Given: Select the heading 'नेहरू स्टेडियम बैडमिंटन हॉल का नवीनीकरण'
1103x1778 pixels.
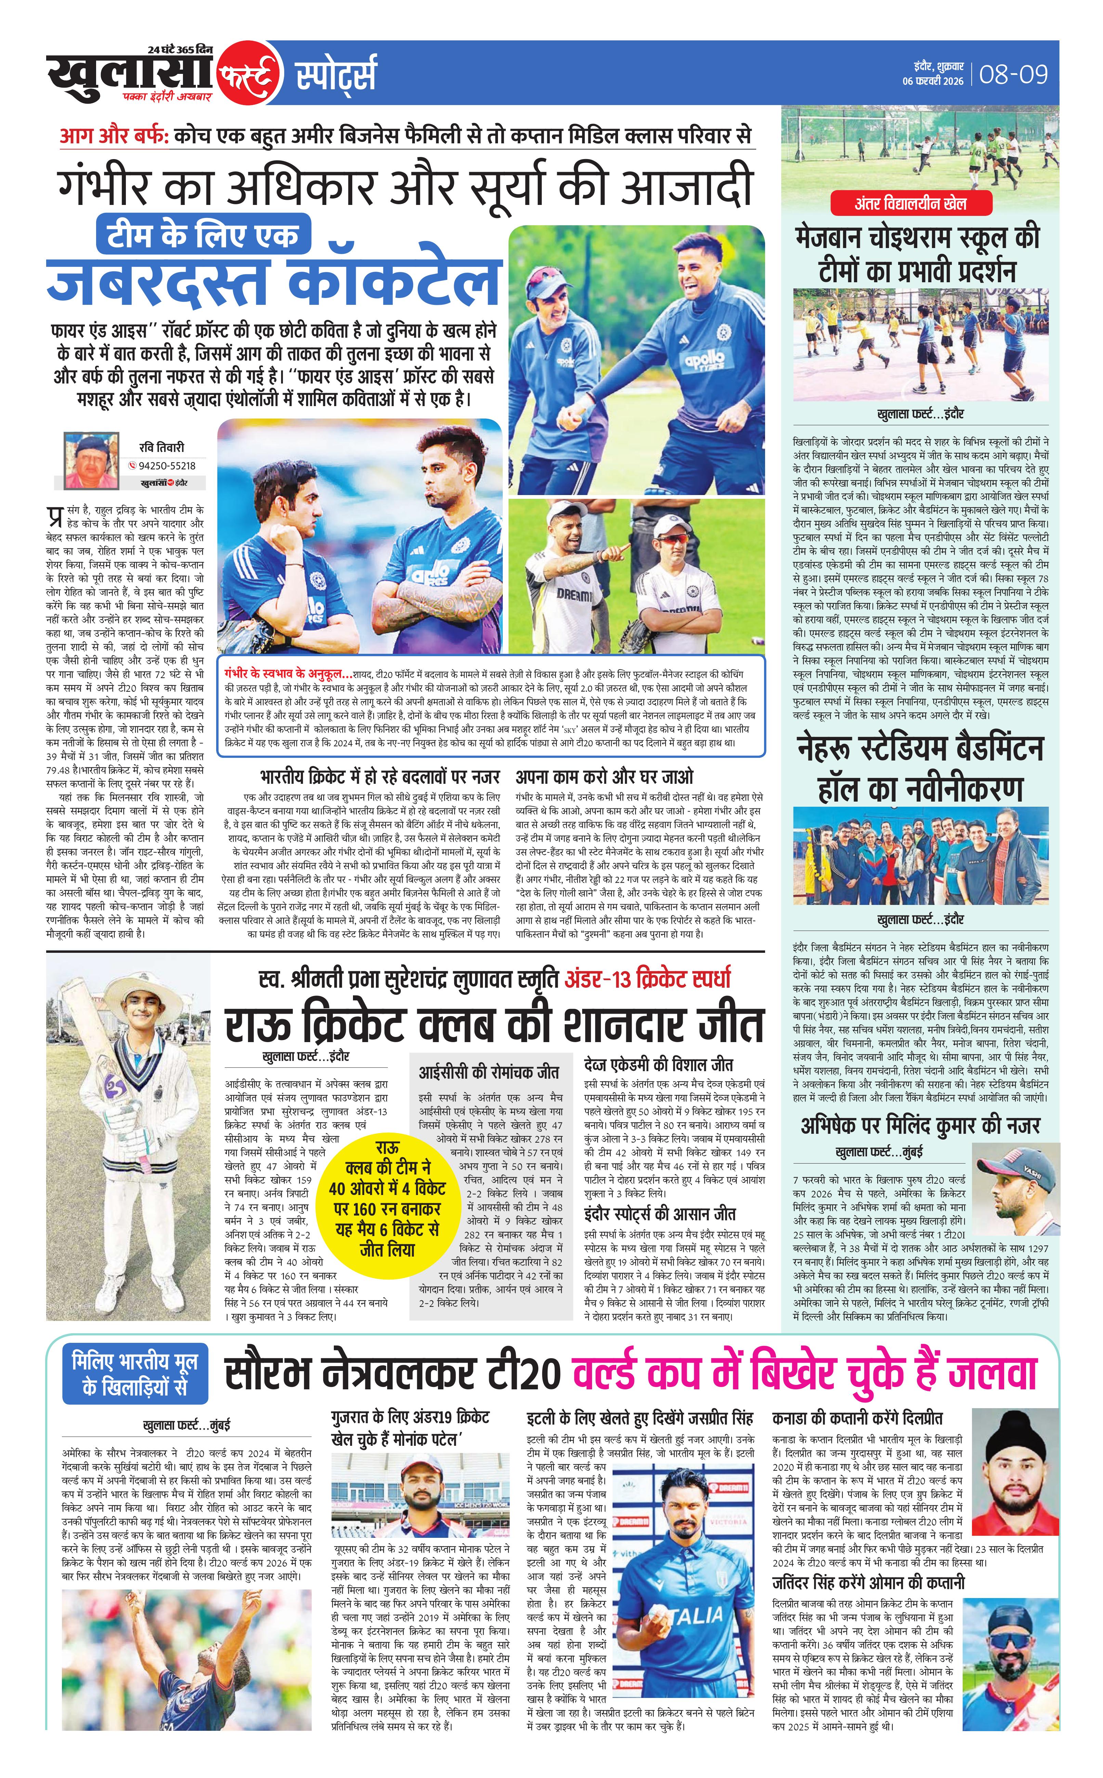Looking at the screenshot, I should (x=921, y=769).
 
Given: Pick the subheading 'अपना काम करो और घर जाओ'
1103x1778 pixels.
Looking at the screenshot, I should (x=604, y=776).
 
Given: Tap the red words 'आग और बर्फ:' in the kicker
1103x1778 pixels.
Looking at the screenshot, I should (x=114, y=137).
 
